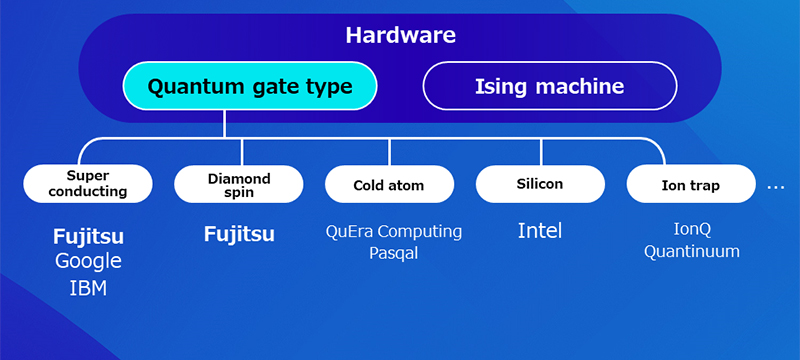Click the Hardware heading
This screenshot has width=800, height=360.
[x=400, y=36]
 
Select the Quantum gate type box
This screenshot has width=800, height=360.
[x=250, y=87]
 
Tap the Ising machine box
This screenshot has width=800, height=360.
[x=549, y=87]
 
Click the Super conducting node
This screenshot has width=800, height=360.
[x=89, y=184]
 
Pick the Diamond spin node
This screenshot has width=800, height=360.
[x=239, y=184]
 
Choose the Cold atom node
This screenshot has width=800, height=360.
[x=389, y=185]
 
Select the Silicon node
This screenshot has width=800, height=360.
[x=540, y=184]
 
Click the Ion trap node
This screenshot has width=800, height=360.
[x=690, y=185]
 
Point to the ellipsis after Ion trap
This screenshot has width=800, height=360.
[x=776, y=187]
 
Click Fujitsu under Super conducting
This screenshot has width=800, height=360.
[x=88, y=238]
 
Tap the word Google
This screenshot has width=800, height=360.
[x=88, y=262]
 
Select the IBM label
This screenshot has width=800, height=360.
[x=88, y=289]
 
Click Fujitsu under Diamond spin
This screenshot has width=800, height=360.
[x=239, y=235]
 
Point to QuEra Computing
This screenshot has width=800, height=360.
[x=394, y=232]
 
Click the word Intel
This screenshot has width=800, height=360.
[x=540, y=231]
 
